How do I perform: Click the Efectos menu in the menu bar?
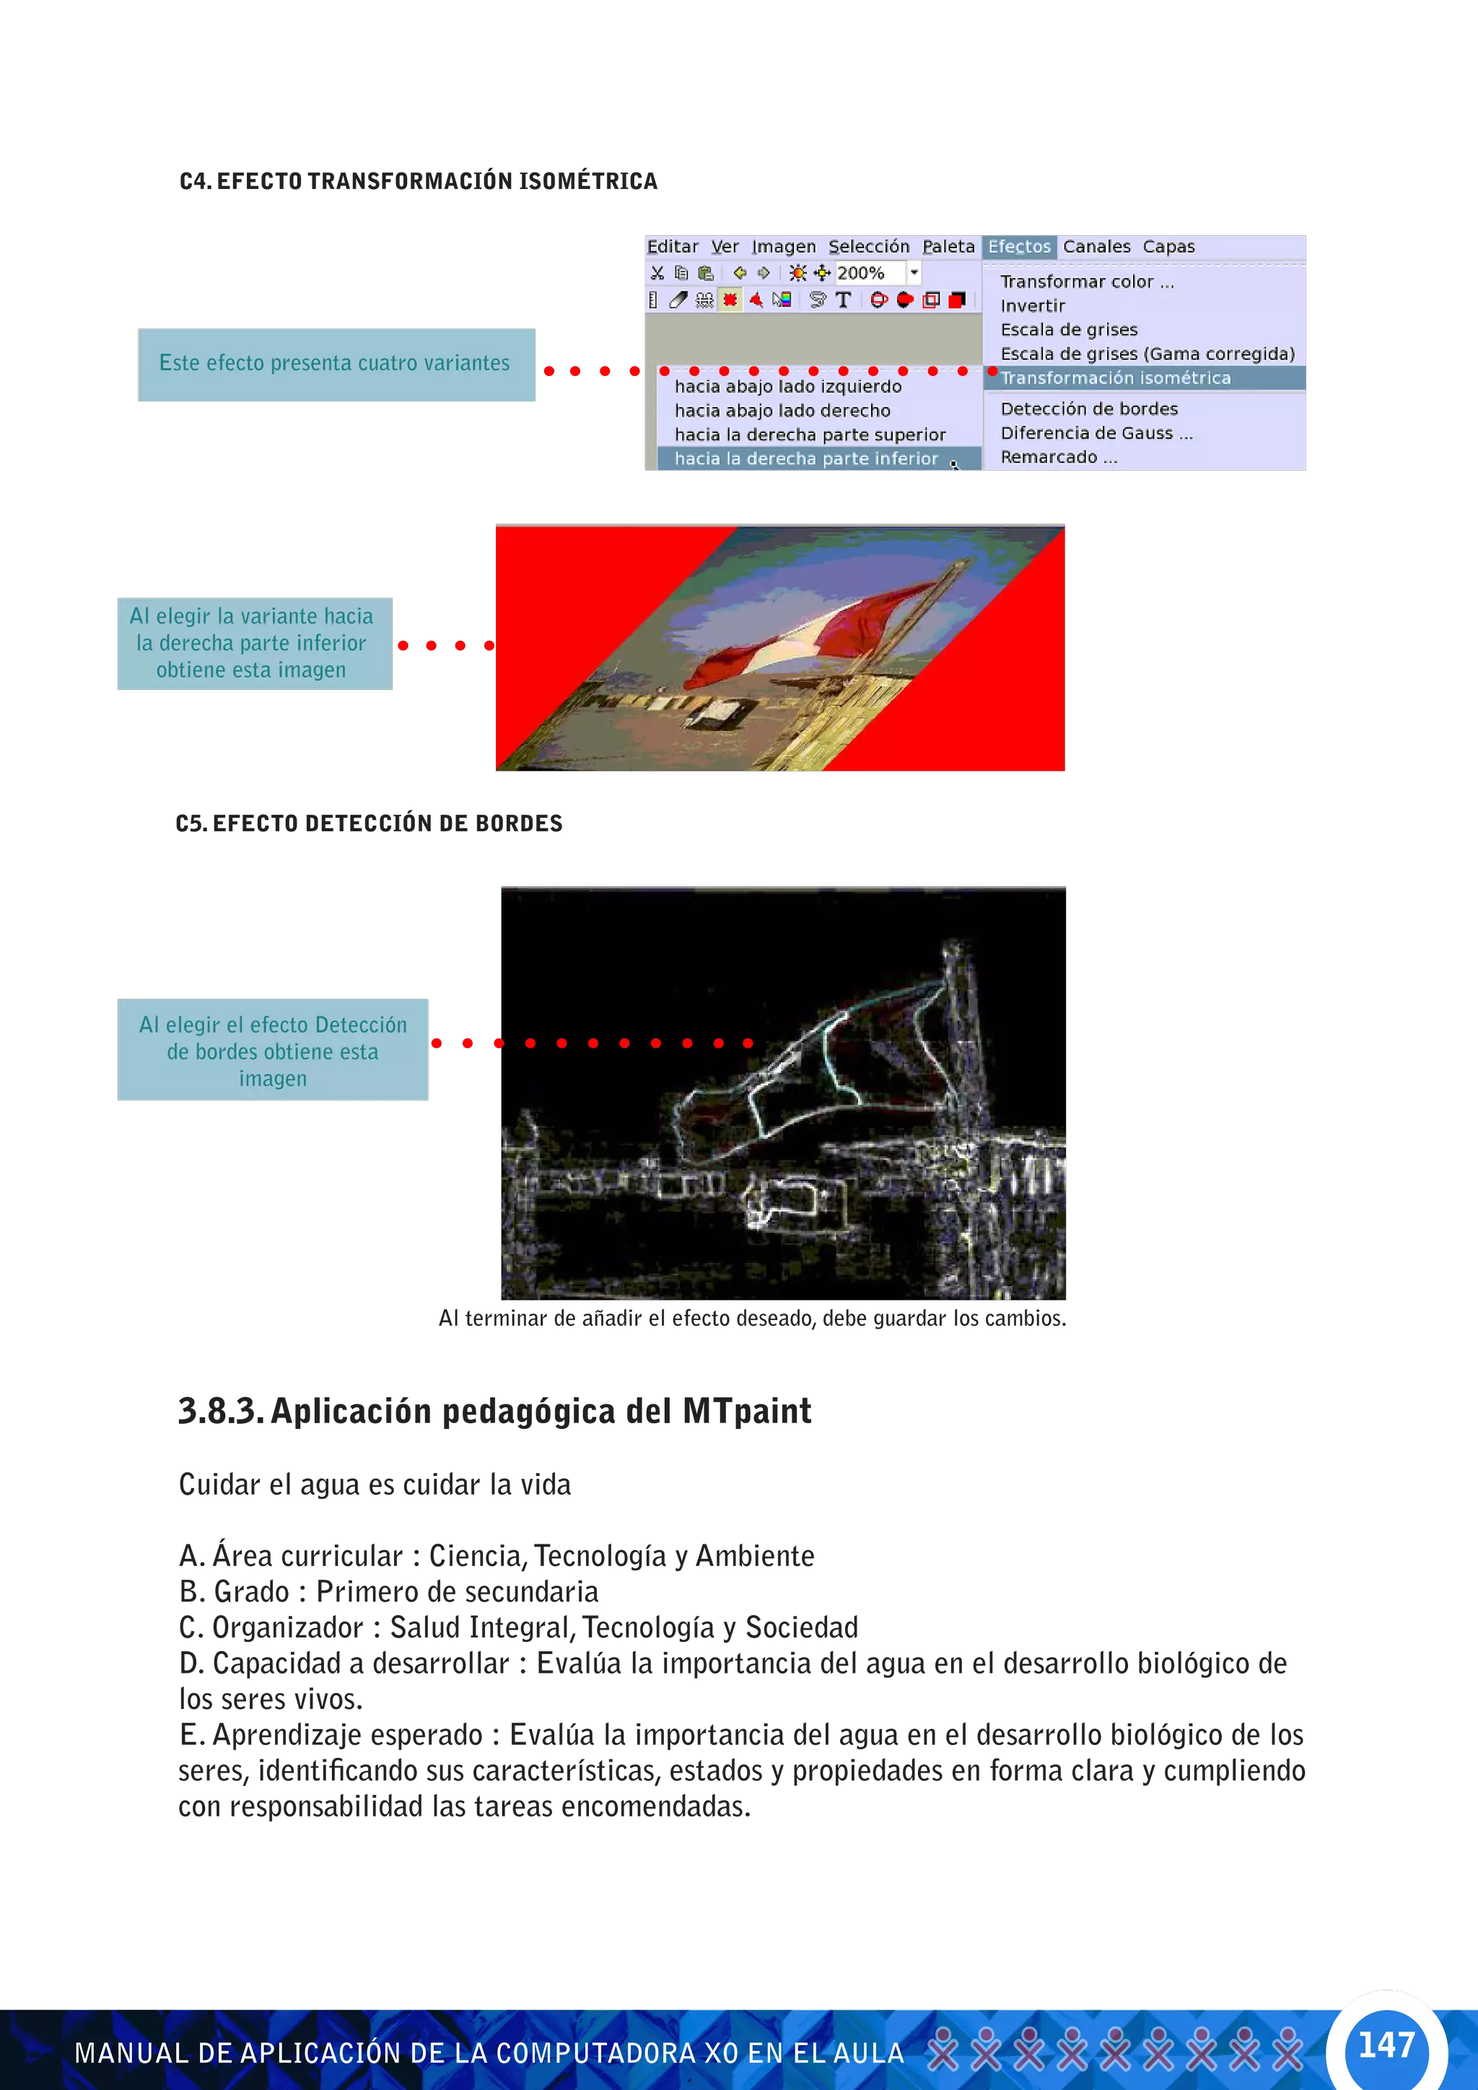[1018, 247]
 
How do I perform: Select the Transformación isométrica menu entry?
[1115, 377]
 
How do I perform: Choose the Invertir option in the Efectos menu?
[1032, 306]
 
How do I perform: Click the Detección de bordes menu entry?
[1088, 408]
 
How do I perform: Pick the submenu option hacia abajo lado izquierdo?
[787, 387]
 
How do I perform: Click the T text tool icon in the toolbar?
[843, 299]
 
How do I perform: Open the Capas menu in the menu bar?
[1168, 247]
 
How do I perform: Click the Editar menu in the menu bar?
[672, 247]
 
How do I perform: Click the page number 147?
[1385, 2045]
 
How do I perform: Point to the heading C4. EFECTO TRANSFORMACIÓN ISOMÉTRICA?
[418, 181]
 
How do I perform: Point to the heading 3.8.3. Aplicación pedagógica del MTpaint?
[494, 1412]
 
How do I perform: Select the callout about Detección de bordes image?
[273, 1051]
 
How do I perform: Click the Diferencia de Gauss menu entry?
[1095, 433]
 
